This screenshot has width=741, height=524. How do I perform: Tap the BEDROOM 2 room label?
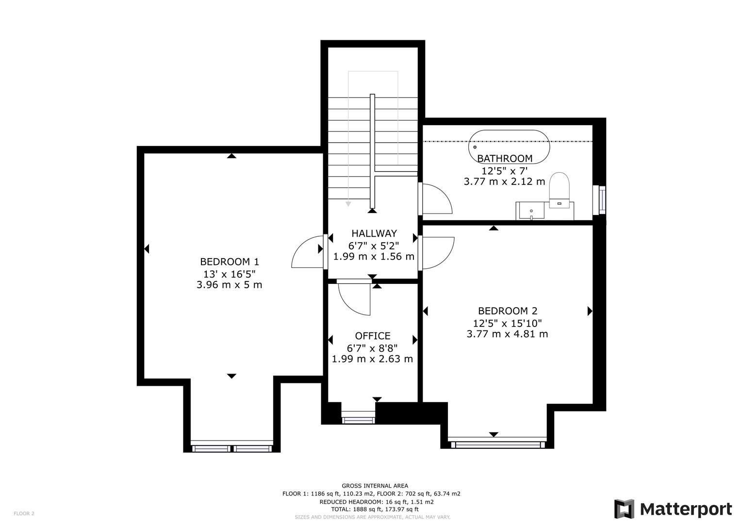click(x=508, y=311)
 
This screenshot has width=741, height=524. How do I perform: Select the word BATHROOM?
click(x=505, y=158)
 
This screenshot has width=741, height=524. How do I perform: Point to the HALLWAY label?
click(x=374, y=233)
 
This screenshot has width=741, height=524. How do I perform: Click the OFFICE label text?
click(x=372, y=336)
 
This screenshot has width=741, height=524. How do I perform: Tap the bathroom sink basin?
click(x=532, y=211)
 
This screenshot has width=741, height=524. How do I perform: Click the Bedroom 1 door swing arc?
click(x=306, y=252)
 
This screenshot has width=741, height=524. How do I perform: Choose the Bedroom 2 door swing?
click(x=438, y=252)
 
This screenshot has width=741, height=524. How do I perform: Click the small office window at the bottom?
click(x=358, y=419)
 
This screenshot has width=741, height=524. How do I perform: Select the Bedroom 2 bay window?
click(x=497, y=443)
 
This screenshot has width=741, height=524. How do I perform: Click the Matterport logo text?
click(x=686, y=509)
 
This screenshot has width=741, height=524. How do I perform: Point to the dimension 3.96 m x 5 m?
click(x=230, y=285)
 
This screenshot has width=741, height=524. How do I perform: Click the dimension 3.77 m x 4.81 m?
click(x=508, y=334)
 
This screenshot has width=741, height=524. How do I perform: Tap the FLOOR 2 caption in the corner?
click(x=24, y=513)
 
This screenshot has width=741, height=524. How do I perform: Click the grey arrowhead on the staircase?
click(x=348, y=204)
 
